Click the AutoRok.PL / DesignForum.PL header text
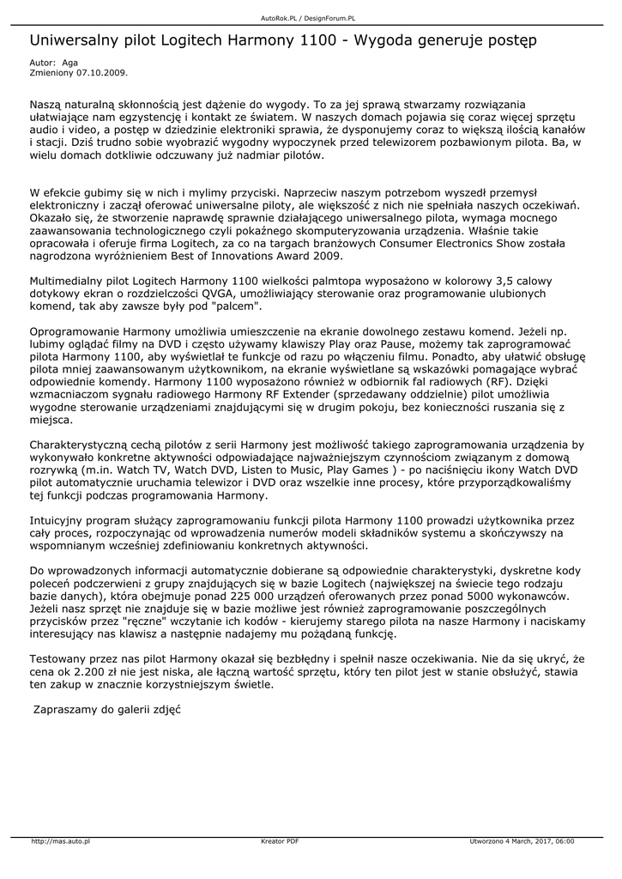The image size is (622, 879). click(308, 18)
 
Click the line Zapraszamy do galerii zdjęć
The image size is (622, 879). click(106, 711)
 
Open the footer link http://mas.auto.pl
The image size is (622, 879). click(60, 841)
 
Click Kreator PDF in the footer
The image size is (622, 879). click(280, 841)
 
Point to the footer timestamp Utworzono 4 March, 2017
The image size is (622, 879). click(513, 841)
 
